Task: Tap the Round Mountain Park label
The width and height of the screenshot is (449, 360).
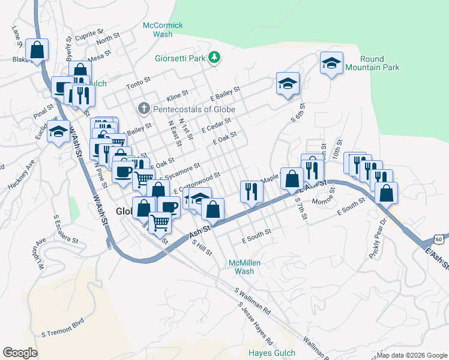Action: pyautogui.click(x=380, y=63)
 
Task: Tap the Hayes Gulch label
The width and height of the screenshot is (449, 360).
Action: pyautogui.click(x=270, y=353)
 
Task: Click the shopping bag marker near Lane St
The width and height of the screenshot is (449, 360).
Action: pyautogui.click(x=37, y=51)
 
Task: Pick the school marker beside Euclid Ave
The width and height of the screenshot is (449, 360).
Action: pyautogui.click(x=59, y=133)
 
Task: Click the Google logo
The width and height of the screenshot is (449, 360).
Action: pyautogui.click(x=20, y=352)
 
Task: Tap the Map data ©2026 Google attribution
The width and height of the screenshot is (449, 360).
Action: pyautogui.click(x=412, y=355)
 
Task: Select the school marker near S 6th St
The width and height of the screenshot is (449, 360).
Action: pyautogui.click(x=288, y=84)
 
